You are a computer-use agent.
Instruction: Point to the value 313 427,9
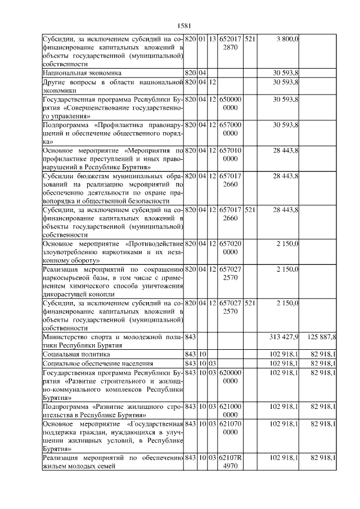pos(285,336)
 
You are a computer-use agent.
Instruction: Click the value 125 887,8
pos(322,336)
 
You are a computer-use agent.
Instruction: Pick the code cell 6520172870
pos(231,43)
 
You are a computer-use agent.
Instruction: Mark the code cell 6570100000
pos(231,155)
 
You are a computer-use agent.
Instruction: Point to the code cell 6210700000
pos(231,427)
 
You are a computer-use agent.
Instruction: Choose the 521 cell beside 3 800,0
pos(250,38)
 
